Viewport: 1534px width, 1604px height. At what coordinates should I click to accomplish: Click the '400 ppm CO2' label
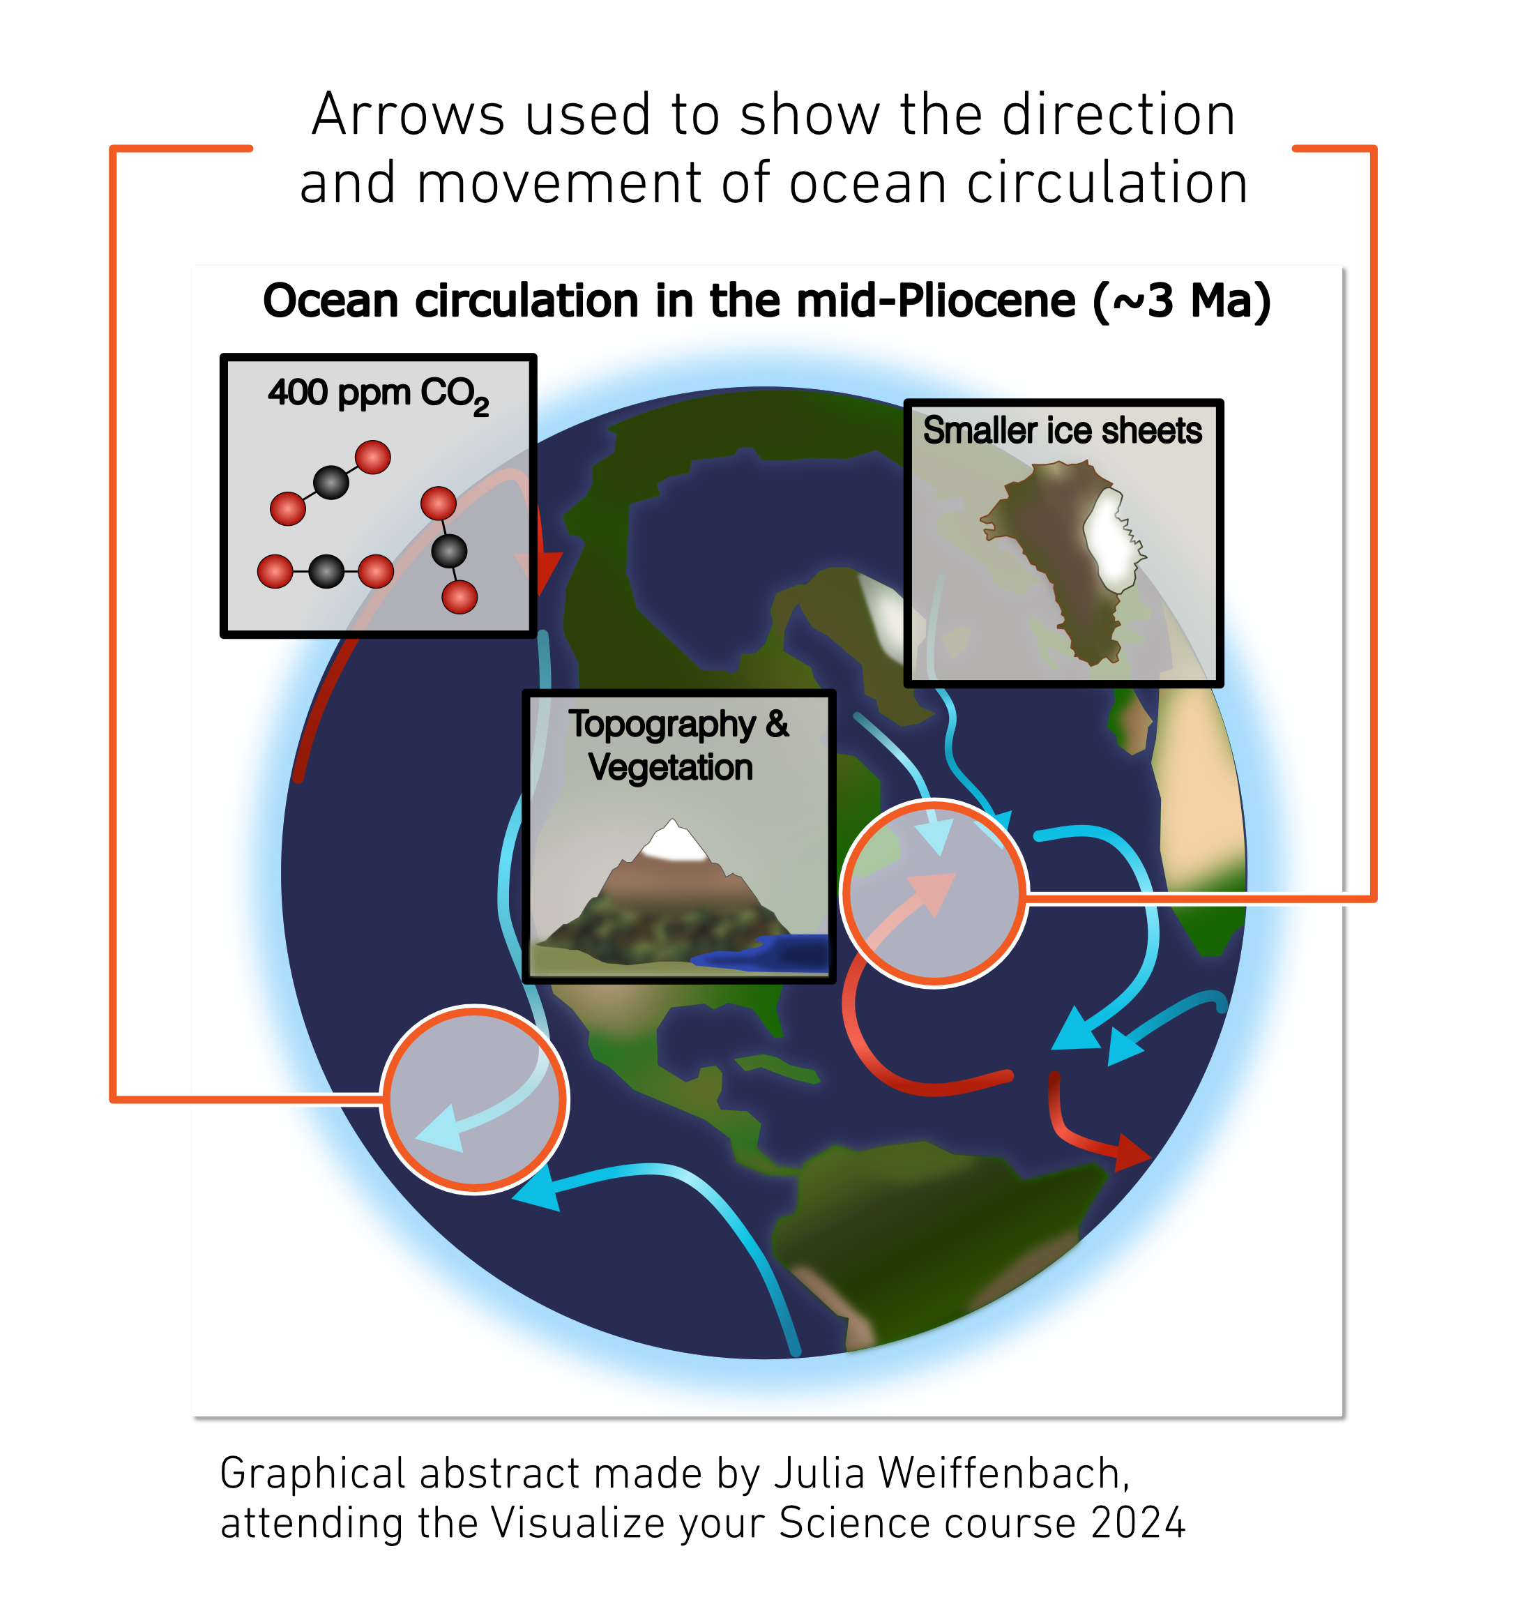point(379,395)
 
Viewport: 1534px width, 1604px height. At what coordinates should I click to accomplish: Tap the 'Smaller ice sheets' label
point(1062,430)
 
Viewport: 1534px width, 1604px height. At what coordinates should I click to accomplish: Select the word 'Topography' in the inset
point(662,725)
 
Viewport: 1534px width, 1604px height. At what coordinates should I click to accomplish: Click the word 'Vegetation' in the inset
point(671,767)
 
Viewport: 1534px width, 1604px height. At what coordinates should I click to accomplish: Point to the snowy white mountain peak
point(673,841)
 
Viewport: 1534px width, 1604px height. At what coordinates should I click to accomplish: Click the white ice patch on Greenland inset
point(1112,540)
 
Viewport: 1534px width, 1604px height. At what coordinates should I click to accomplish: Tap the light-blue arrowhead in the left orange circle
point(441,1129)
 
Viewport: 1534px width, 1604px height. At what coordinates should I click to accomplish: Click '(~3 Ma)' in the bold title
point(1182,301)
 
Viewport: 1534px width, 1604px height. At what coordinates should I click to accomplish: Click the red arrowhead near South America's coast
point(1132,1151)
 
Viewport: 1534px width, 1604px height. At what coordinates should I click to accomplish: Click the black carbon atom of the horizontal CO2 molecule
point(326,571)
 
